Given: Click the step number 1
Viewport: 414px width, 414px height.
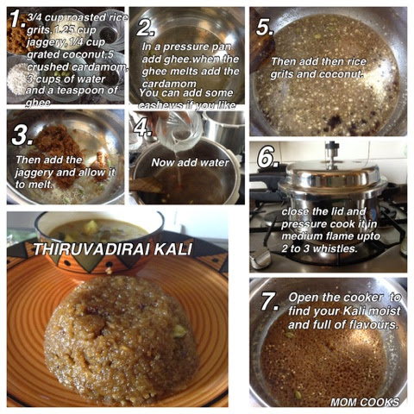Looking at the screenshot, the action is [16, 19].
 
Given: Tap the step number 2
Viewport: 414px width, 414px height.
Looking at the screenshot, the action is [146, 28].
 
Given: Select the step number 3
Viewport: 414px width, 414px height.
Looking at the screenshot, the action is [22, 135].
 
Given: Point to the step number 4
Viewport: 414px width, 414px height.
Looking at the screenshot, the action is [142, 127].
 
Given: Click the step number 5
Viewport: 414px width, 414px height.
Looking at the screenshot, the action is [264, 27].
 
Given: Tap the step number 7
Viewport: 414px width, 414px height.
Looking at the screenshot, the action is [269, 302].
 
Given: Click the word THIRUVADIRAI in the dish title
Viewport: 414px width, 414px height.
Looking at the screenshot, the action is [91, 249].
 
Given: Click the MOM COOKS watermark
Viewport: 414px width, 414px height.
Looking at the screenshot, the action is [365, 402].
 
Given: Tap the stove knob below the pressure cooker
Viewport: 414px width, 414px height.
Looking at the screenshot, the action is [260, 258].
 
